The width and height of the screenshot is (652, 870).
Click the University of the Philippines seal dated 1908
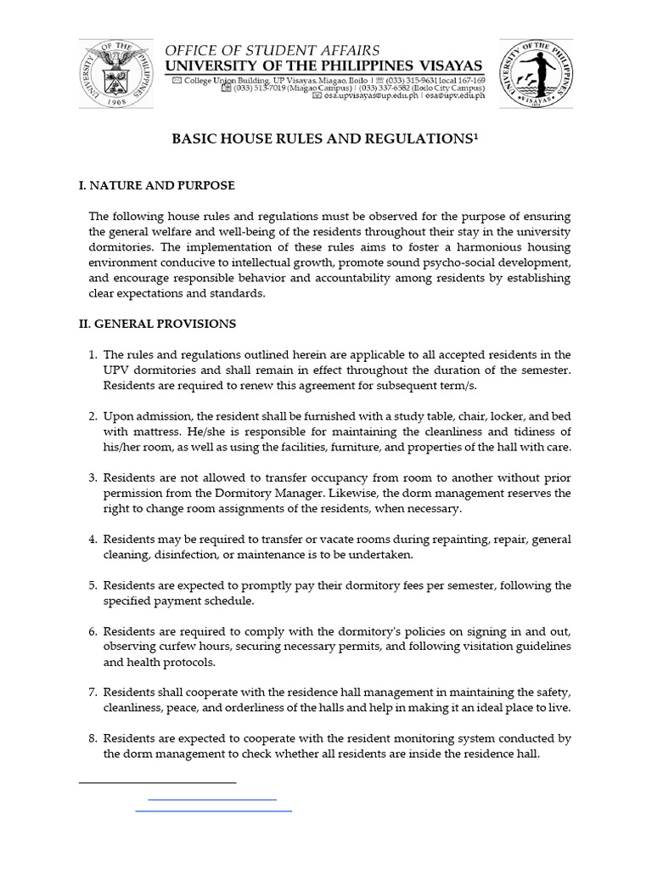click(116, 75)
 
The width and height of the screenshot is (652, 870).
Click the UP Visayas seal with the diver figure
click(535, 75)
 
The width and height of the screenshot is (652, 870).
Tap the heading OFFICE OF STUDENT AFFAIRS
click(273, 51)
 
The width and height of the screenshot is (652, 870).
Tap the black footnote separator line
click(157, 782)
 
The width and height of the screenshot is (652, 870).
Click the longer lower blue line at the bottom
click(214, 811)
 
